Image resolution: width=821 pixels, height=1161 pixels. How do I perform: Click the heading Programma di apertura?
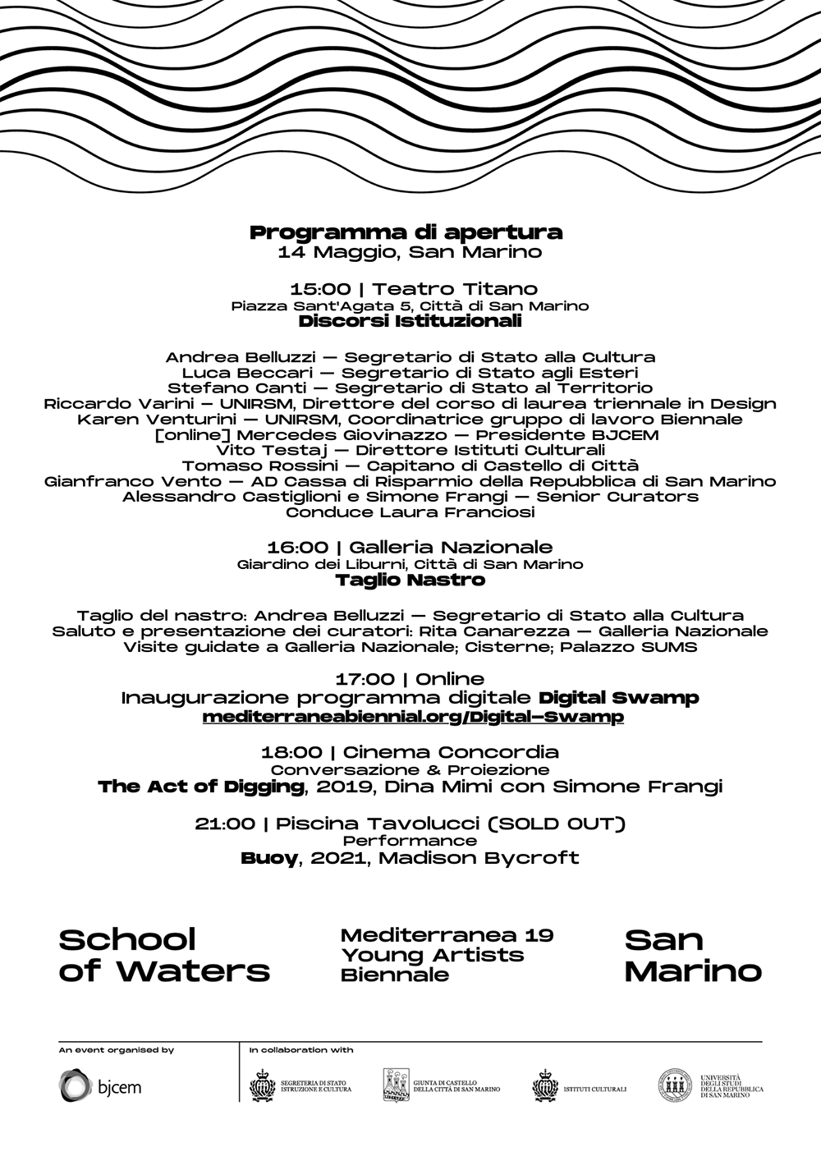point(406,232)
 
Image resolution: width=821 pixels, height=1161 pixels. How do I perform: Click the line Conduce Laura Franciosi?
point(410,512)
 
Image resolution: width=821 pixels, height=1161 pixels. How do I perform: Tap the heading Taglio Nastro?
point(410,580)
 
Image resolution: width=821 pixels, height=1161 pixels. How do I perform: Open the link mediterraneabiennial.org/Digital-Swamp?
point(413,717)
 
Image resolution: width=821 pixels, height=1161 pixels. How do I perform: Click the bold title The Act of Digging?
point(200,787)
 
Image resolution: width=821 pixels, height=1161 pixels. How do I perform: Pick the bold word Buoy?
point(268,858)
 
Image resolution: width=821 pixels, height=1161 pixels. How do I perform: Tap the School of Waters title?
point(164,955)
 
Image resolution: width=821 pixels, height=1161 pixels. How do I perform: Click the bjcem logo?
point(99,1086)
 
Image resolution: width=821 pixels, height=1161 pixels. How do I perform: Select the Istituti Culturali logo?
point(579,1086)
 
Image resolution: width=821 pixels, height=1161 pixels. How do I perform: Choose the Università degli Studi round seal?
point(674,1085)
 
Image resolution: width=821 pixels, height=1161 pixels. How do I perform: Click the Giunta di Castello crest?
point(397,1085)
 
